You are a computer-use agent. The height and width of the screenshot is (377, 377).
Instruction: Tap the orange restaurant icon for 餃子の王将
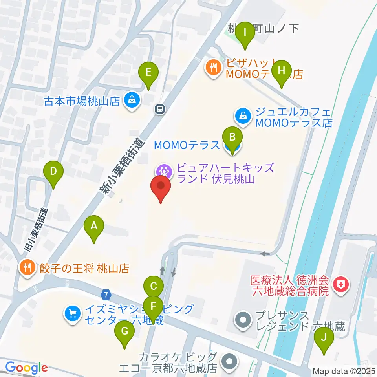click(27, 268)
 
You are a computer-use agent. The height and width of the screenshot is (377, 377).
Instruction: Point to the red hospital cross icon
click(340, 285)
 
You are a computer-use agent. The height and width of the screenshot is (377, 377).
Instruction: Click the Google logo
click(26, 368)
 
